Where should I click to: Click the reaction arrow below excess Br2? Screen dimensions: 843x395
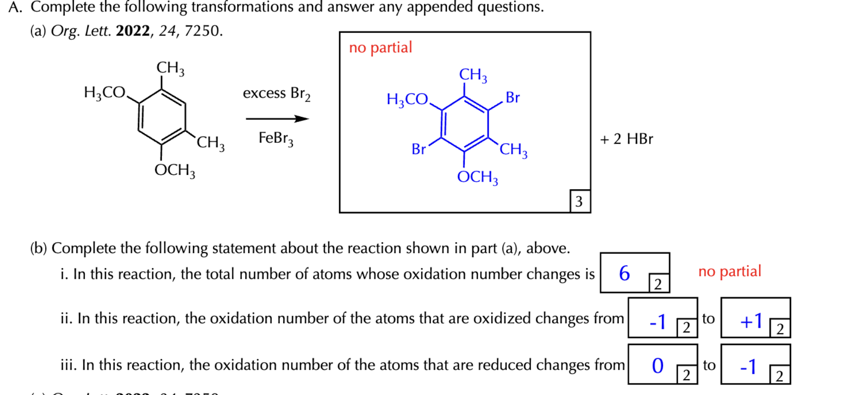pos(277,119)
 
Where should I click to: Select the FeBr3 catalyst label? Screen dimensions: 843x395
pos(276,138)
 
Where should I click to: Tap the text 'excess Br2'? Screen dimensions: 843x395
pos(277,93)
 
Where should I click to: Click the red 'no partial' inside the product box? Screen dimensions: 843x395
pos(380,48)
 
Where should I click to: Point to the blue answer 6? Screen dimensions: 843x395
pos(624,273)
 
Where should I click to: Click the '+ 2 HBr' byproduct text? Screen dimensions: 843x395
pos(626,139)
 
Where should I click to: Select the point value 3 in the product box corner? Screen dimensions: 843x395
pos(579,201)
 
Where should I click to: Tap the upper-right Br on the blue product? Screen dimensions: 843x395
pos(513,98)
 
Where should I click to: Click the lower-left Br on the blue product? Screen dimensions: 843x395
pos(419,149)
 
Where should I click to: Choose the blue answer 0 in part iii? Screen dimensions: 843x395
pos(658,366)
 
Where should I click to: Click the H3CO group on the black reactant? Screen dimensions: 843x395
pos(105,92)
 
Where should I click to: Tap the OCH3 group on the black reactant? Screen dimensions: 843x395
pos(175,170)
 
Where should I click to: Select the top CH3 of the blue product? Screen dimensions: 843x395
pos(473,75)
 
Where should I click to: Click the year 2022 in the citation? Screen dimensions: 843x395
pos(133,31)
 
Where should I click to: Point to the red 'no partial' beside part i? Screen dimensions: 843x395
pos(730,272)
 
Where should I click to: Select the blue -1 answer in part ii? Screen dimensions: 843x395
pos(658,321)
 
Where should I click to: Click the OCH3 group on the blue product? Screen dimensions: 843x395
pos(477,177)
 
